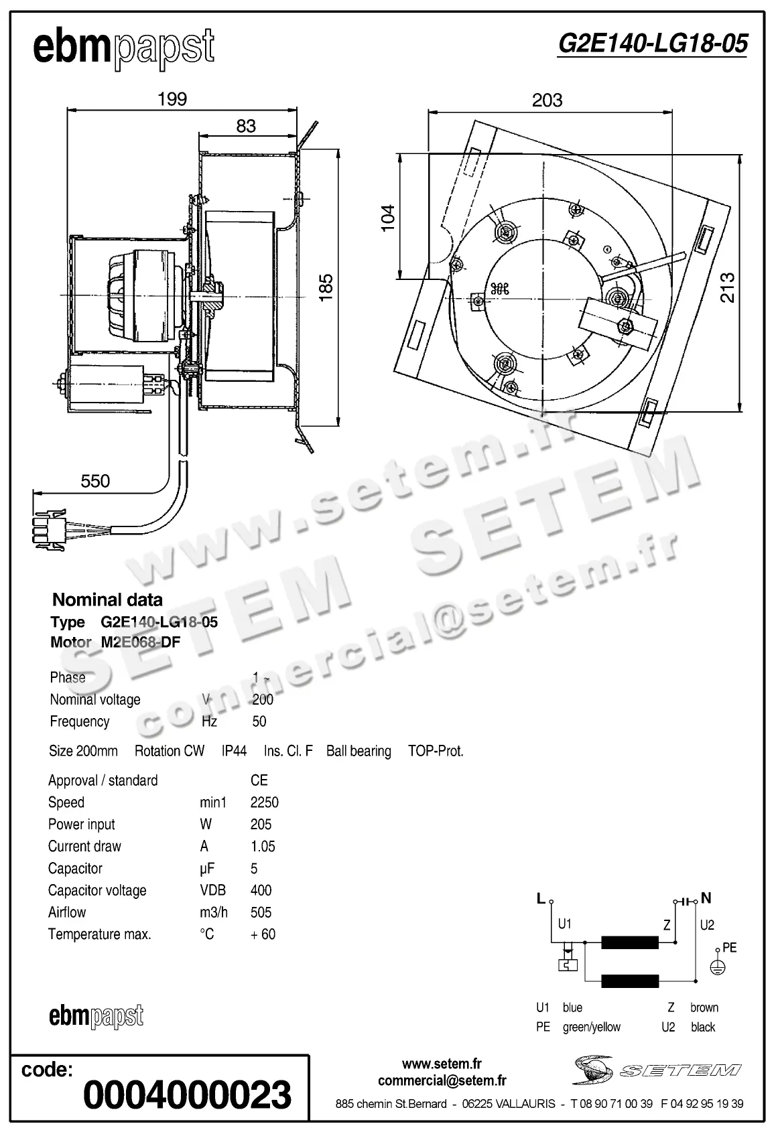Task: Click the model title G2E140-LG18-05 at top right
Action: (x=652, y=44)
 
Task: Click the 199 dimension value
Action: (x=172, y=99)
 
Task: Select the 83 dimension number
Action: (x=246, y=126)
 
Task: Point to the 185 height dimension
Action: (x=326, y=287)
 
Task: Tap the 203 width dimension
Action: (x=547, y=100)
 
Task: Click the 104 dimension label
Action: (x=388, y=218)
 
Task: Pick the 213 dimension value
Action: (x=728, y=287)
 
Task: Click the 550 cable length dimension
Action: (x=95, y=481)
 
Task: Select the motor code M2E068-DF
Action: (x=141, y=642)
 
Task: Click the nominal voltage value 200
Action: (x=263, y=699)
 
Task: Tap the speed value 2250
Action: (x=264, y=802)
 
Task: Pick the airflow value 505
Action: (x=261, y=912)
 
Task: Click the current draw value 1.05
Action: (x=263, y=847)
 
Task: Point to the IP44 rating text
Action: (x=234, y=751)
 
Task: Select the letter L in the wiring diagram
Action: (x=541, y=899)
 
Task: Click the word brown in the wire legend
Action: (x=704, y=1007)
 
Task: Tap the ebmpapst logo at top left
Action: (x=124, y=48)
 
